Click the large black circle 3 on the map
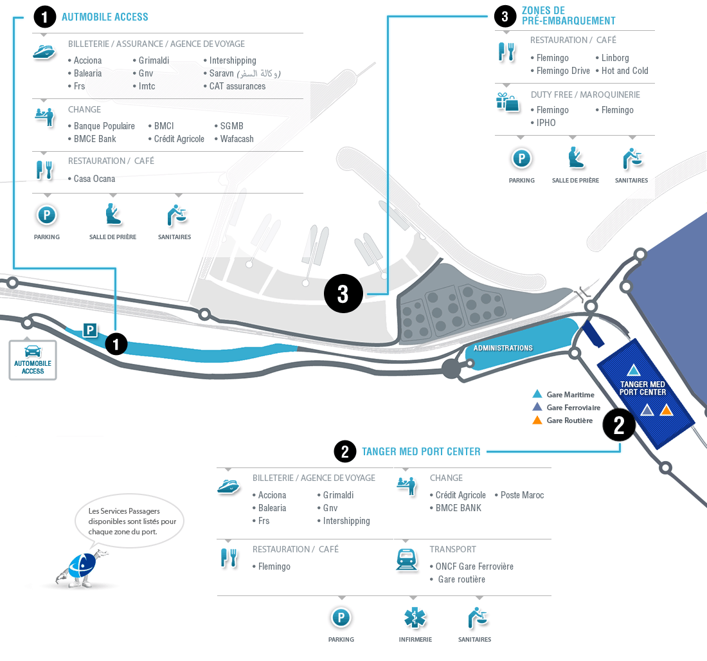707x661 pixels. (x=343, y=294)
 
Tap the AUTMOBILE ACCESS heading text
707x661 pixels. (x=105, y=17)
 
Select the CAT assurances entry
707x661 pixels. (x=237, y=86)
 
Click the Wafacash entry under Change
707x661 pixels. (x=237, y=139)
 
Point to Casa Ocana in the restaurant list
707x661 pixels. (x=94, y=179)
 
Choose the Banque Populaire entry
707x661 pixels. (x=104, y=126)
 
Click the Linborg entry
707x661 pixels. (x=615, y=58)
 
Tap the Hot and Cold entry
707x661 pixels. (x=625, y=71)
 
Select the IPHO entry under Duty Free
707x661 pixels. (x=546, y=123)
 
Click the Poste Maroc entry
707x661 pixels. (x=522, y=495)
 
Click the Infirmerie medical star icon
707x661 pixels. (x=415, y=618)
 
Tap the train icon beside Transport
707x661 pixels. (x=407, y=559)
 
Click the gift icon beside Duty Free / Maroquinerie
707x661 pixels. (x=507, y=102)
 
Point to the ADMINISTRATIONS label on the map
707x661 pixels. (x=503, y=349)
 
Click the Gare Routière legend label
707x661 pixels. (x=569, y=421)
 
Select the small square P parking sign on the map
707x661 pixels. (x=90, y=330)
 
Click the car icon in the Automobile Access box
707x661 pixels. (x=33, y=351)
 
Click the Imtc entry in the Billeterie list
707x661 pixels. (x=147, y=86)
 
